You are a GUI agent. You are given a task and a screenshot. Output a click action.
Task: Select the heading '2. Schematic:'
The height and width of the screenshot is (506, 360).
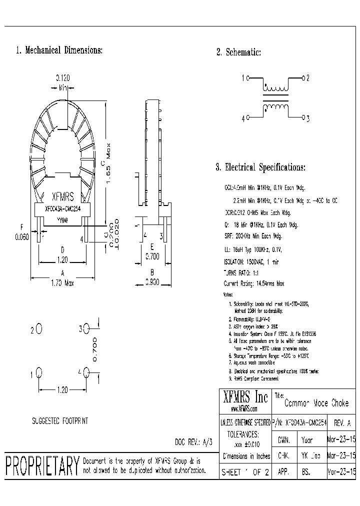(238, 52)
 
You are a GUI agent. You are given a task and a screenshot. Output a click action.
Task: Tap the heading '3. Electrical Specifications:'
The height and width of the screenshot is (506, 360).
(260, 167)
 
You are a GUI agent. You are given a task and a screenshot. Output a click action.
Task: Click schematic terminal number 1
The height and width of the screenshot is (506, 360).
(243, 78)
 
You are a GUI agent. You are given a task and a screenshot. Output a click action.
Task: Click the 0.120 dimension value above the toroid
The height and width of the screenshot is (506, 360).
(62, 78)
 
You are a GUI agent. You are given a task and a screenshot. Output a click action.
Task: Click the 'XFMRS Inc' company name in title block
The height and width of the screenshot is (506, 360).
(245, 397)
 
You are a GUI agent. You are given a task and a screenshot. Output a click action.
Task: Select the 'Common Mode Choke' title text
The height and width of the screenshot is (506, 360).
(316, 403)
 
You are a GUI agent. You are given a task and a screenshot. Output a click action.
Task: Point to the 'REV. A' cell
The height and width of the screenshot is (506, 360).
(341, 422)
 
